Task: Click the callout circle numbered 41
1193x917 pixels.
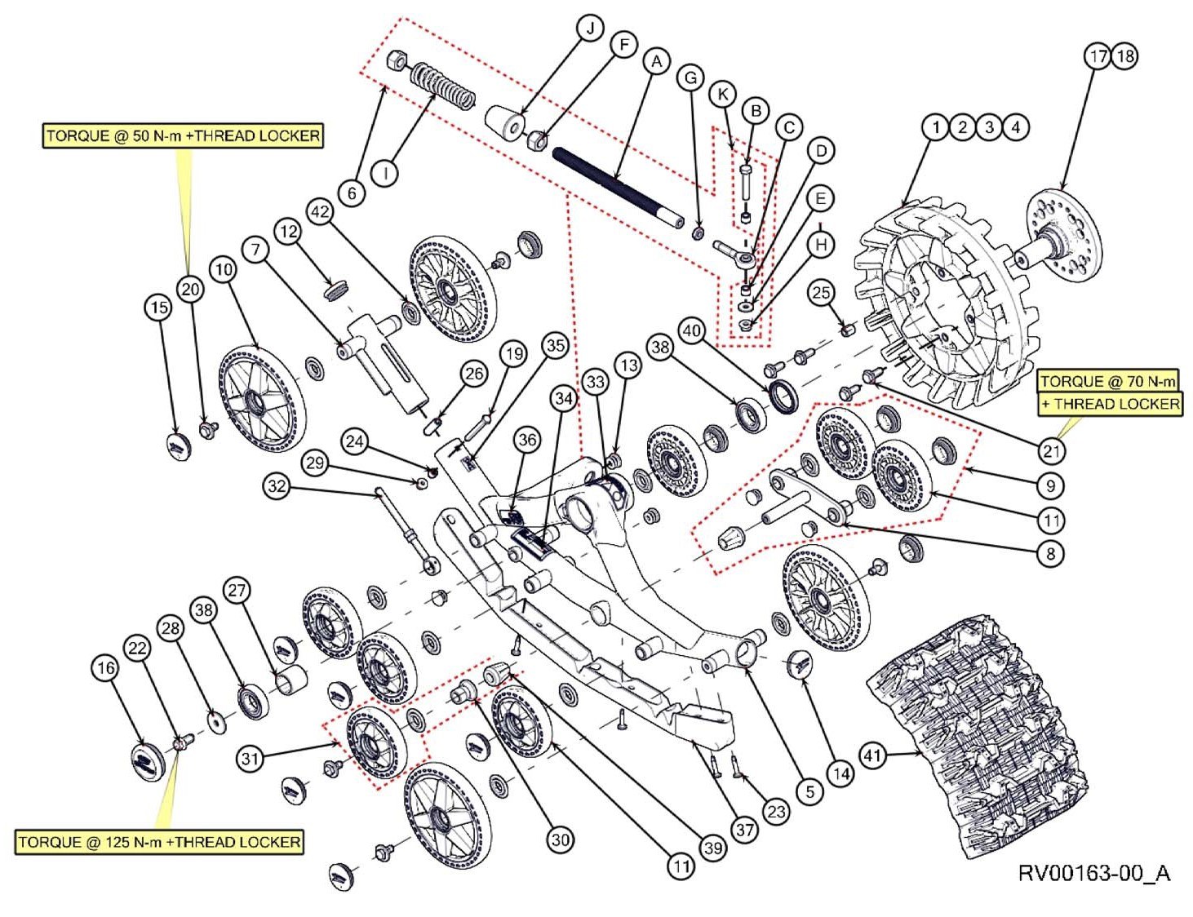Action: click(x=872, y=755)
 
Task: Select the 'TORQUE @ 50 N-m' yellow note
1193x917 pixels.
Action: click(x=183, y=135)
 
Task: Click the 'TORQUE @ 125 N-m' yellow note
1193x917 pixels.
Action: click(x=159, y=842)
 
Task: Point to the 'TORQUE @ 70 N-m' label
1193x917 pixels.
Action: click(x=1107, y=382)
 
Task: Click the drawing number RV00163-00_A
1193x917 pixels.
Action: click(x=1093, y=874)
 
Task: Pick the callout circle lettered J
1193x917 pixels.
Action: click(x=589, y=29)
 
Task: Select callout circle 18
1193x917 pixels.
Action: click(x=1124, y=56)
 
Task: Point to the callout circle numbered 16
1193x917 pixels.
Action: click(x=105, y=668)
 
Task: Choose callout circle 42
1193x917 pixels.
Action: click(x=320, y=212)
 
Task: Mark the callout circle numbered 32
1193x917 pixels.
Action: click(x=277, y=487)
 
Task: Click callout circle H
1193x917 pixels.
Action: click(x=821, y=244)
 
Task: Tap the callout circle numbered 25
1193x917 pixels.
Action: click(x=821, y=293)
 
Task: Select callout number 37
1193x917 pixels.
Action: click(x=744, y=830)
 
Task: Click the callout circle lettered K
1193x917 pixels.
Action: click(x=722, y=95)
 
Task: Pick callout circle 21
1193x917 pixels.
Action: click(x=1051, y=450)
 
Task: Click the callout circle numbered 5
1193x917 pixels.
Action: click(x=809, y=791)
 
